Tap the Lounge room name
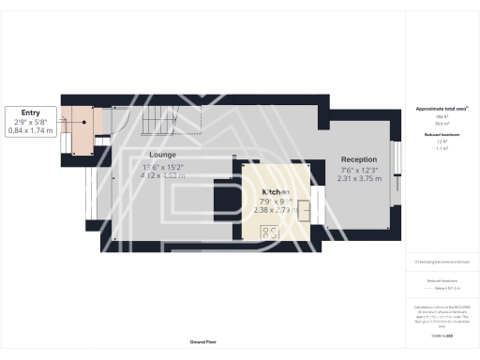click(162, 155)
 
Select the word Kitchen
click(276, 191)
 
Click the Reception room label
click(359, 159)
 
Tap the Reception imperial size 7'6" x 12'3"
click(359, 169)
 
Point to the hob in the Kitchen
click(269, 232)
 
